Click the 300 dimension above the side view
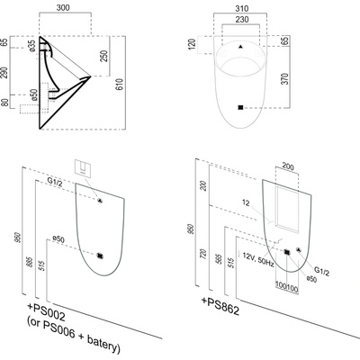point(63,7)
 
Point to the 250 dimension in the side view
point(103,56)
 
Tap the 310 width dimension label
point(242,8)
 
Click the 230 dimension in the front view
point(242,20)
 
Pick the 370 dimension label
point(285,79)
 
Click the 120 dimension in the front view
point(193,43)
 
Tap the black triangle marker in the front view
point(240,47)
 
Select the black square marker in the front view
point(240,107)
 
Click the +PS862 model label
point(220,306)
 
